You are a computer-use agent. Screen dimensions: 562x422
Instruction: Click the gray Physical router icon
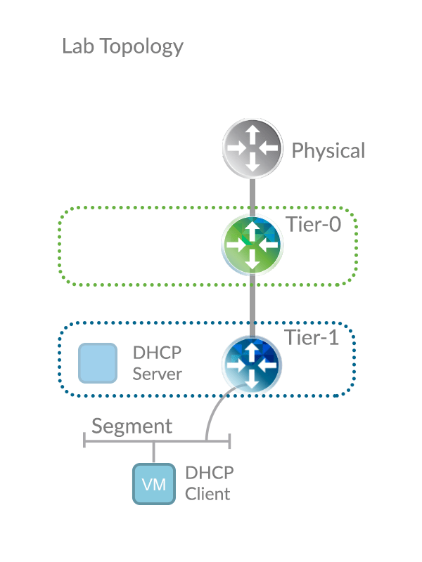252,147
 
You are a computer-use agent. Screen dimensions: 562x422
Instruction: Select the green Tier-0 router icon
252,244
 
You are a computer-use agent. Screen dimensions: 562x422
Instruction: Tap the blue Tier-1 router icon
252,364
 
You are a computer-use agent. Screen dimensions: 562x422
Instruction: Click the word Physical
328,151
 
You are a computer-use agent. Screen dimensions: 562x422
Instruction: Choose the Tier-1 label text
311,338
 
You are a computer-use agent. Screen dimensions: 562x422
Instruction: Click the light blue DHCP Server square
97,363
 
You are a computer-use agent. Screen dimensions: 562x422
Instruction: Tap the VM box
153,484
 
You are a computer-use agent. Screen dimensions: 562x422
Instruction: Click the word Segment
132,426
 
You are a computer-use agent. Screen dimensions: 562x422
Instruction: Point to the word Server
157,374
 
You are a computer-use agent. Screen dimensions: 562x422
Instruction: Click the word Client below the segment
207,494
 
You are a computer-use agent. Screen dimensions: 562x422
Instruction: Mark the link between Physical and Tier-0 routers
252,195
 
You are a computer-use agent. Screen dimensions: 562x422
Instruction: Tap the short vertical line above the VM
153,452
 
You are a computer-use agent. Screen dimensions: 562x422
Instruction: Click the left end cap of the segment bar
85,440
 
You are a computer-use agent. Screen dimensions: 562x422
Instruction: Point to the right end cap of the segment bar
229,440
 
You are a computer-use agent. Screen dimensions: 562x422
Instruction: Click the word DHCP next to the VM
208,473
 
